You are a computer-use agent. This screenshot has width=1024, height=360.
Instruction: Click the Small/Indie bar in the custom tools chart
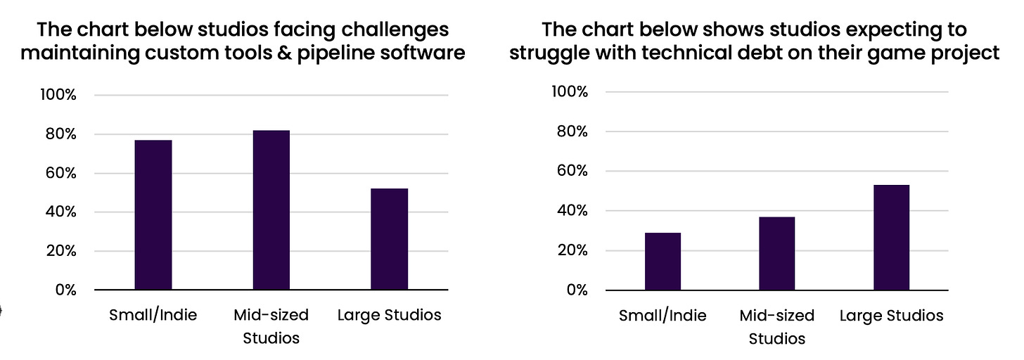(153, 214)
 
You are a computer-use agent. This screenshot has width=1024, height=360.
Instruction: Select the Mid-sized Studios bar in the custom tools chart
(271, 210)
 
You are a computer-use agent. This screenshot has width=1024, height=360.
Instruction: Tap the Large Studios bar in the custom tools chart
(389, 239)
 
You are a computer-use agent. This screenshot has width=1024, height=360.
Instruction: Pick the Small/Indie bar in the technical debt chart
(663, 261)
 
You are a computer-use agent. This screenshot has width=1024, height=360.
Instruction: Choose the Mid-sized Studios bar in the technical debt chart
(776, 253)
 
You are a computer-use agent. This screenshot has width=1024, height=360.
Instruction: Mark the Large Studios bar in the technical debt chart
(891, 237)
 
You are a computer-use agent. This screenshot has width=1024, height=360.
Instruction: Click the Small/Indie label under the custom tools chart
(153, 315)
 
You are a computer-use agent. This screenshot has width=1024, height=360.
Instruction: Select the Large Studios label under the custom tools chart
(389, 315)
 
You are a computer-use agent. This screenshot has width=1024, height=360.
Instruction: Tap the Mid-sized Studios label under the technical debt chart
(776, 327)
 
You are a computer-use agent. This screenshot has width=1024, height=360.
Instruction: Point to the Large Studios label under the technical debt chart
(891, 316)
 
